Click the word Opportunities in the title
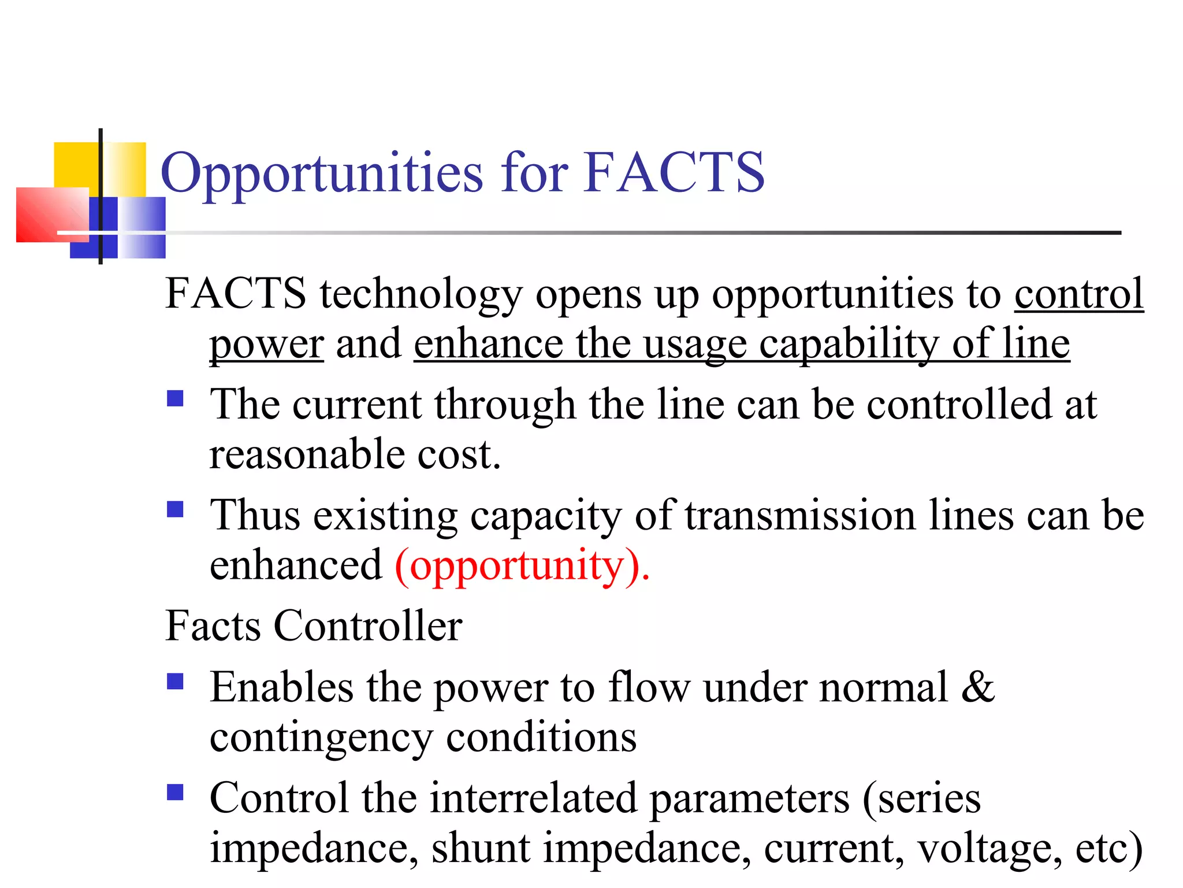[321, 173]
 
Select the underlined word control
[1078, 294]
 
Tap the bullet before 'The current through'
[175, 399]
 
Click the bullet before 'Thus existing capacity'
[175, 509]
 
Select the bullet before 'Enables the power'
[175, 682]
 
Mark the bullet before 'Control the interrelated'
[175, 792]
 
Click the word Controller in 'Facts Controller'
[367, 626]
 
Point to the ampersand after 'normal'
[977, 687]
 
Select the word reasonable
[307, 454]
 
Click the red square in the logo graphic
[52, 214]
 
